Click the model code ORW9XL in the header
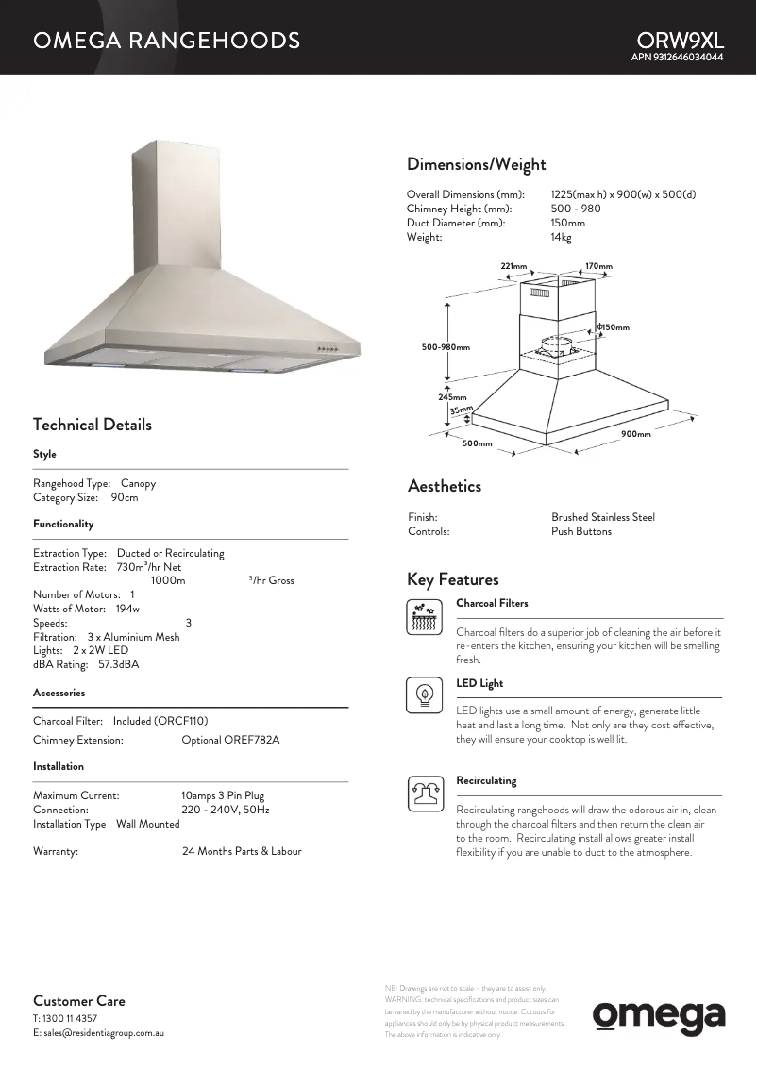point(680,41)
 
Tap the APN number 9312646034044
point(677,58)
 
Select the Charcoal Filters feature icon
point(425,617)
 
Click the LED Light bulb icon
point(425,695)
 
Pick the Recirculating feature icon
point(425,794)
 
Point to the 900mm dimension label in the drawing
point(636,434)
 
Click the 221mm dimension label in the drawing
point(513,266)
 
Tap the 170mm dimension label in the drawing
point(598,266)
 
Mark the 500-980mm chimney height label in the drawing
point(446,347)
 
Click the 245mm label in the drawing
point(452,397)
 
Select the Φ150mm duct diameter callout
point(613,327)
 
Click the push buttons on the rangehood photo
point(328,348)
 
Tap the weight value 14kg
point(561,237)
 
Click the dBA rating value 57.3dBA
point(119,664)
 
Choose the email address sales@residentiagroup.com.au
point(104,1033)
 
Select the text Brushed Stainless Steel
point(602,517)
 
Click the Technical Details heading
point(92,425)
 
